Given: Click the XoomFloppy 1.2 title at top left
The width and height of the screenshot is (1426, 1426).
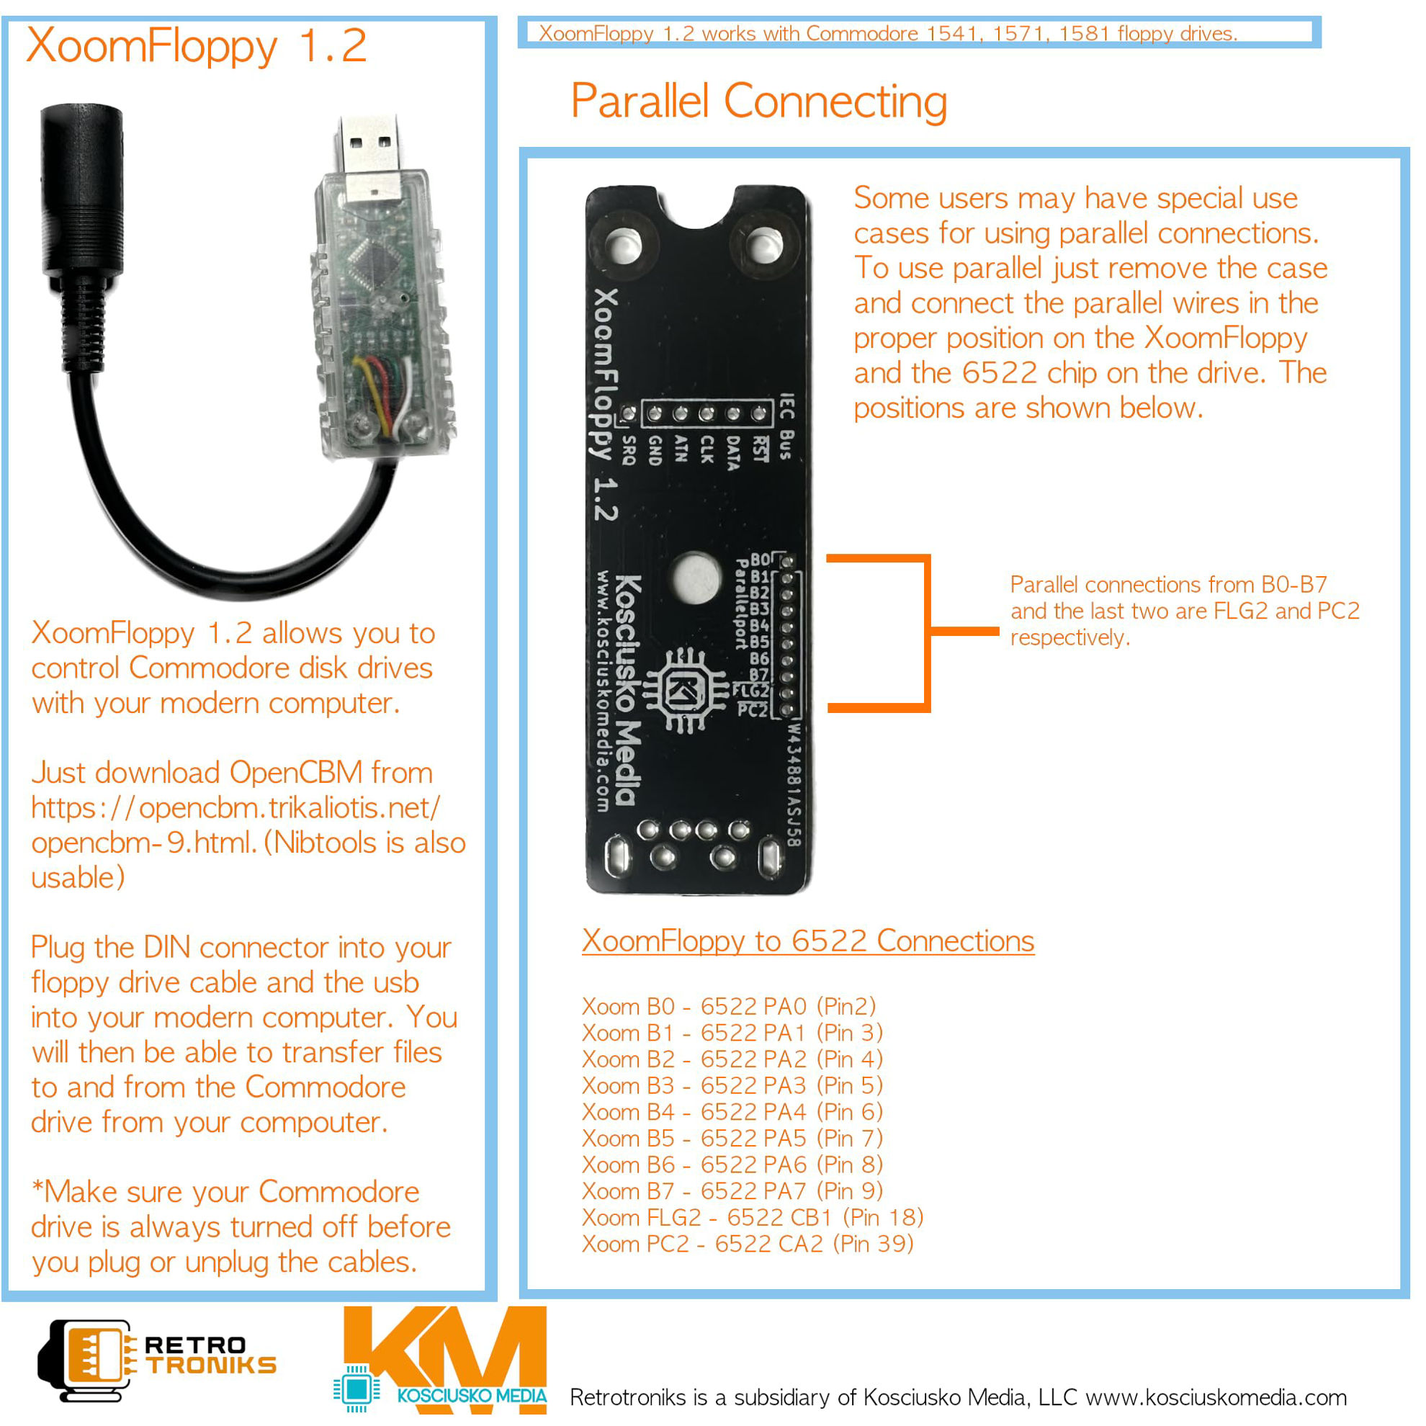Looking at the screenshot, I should click(x=197, y=46).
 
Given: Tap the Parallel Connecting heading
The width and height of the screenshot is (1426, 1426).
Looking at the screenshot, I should click(x=758, y=101).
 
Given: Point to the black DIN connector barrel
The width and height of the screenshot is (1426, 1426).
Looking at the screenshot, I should click(x=81, y=192).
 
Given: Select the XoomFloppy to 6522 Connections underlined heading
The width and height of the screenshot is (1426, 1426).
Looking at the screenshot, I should click(x=807, y=941).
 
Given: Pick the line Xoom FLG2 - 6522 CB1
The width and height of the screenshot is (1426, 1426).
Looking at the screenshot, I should click(x=752, y=1217).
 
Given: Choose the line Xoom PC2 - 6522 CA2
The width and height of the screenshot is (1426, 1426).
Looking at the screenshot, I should click(x=747, y=1244).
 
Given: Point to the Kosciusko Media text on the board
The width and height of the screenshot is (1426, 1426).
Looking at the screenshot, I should click(x=627, y=690).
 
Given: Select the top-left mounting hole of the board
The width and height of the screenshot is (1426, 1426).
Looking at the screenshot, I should click(x=624, y=246).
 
